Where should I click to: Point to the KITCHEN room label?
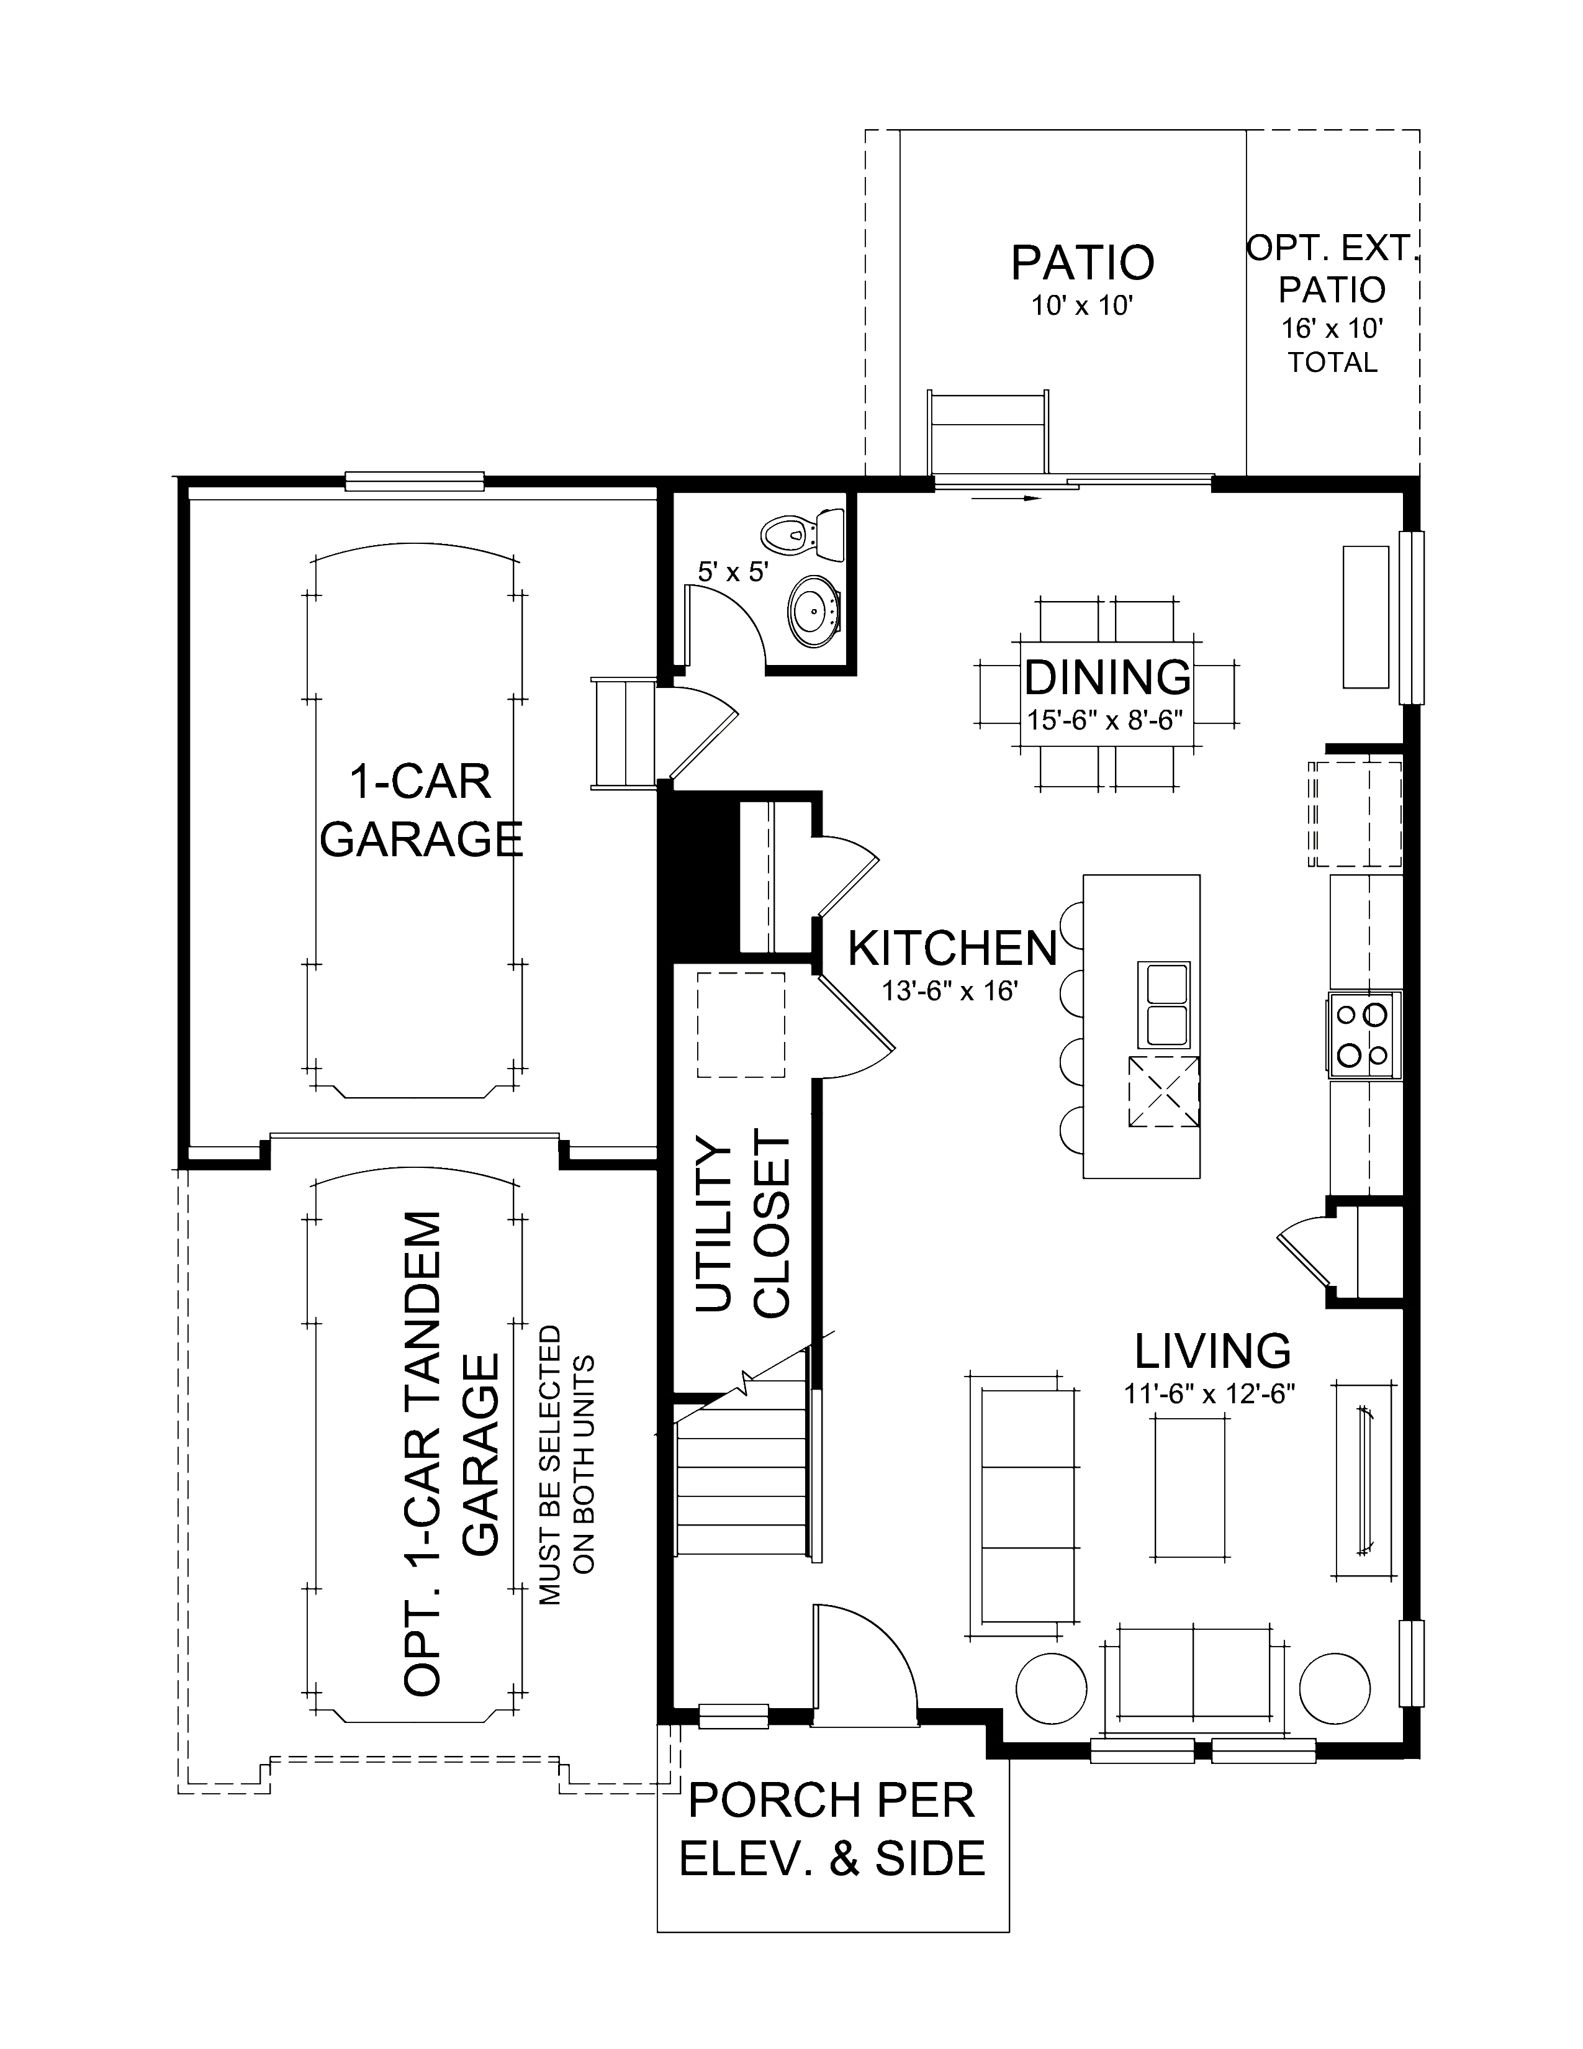pyautogui.click(x=952, y=949)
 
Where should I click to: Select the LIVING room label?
pyautogui.click(x=1212, y=1351)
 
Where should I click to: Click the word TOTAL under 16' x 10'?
pyautogui.click(x=1332, y=362)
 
